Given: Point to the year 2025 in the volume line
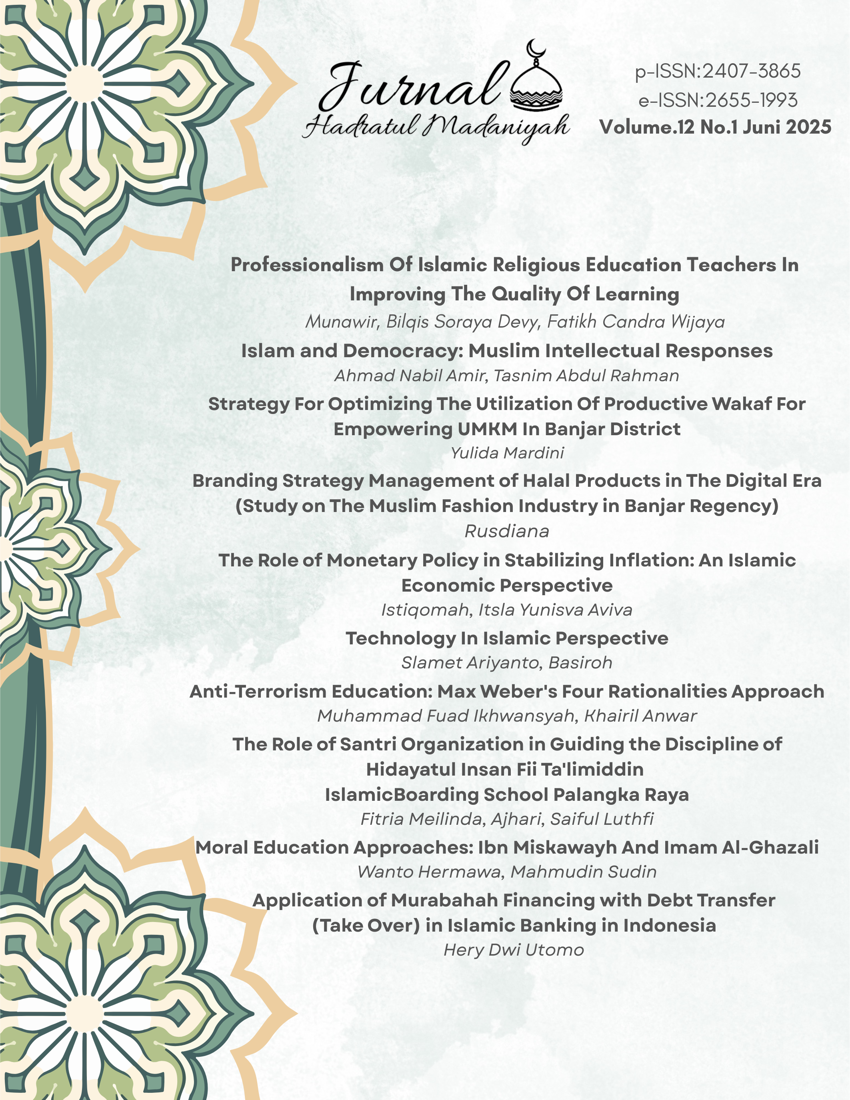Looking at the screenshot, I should [x=808, y=127].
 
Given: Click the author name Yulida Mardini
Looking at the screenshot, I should [x=507, y=453].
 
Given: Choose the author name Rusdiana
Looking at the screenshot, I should [x=506, y=531].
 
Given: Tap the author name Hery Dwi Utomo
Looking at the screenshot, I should [x=514, y=950].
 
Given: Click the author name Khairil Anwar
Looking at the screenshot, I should [x=640, y=716].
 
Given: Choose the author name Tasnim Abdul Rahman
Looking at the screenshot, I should [x=586, y=376].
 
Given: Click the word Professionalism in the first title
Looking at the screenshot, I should [x=307, y=265].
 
